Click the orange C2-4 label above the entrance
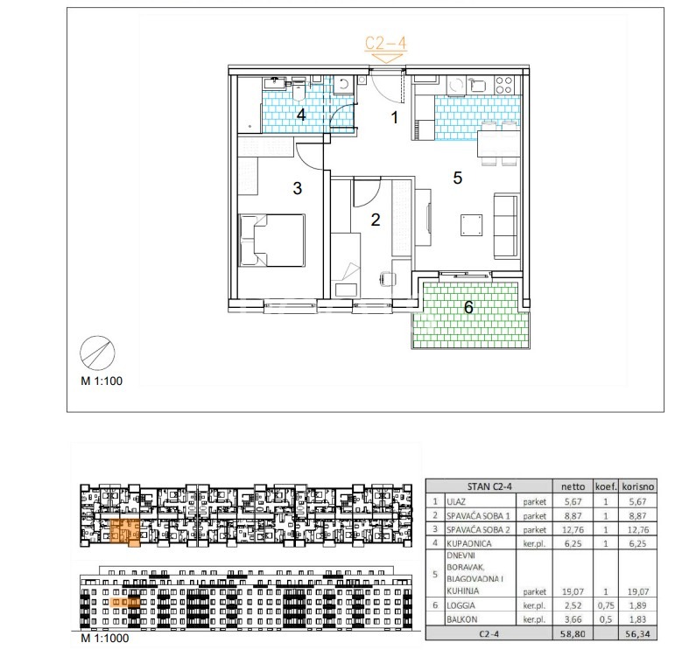pos(385,43)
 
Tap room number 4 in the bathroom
pos(301,115)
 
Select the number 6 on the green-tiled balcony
pos(468,307)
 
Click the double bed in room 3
pos(271,241)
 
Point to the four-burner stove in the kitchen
pos(503,85)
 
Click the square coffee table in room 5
pos(471,225)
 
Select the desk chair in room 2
pos(389,279)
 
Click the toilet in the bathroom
pos(299,90)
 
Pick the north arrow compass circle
pos(98,353)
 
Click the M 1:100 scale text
pos(102,381)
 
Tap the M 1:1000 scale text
pos(104,638)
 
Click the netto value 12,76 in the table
pos(573,529)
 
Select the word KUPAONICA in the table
pos(468,544)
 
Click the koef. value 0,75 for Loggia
pos(606,605)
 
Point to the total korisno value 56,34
pos(638,633)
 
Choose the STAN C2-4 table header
pos(489,486)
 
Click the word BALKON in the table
pos(462,619)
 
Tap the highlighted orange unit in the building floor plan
pos(125,533)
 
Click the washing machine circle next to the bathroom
pos(343,84)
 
